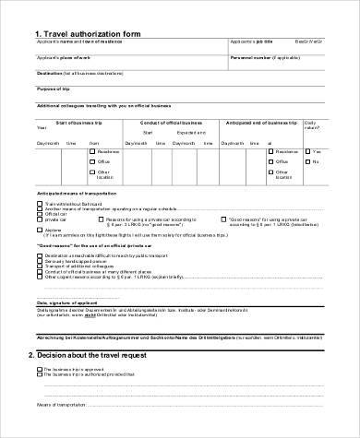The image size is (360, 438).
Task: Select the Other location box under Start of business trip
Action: (x=91, y=172)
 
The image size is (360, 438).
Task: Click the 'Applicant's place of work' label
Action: (x=65, y=57)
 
